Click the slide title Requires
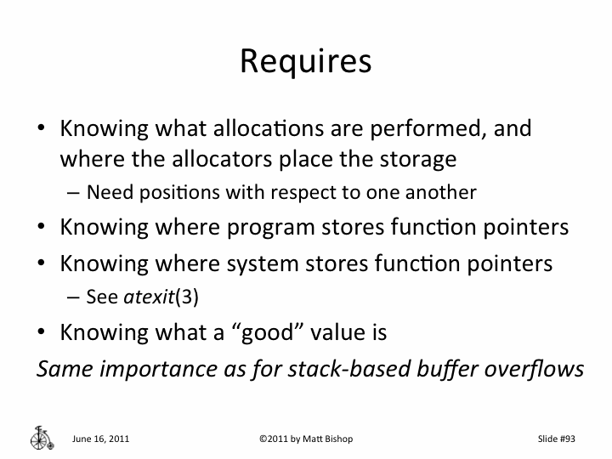click(x=305, y=61)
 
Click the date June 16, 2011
click(x=101, y=439)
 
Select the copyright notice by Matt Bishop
click(x=306, y=439)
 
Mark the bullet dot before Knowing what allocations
click(x=41, y=129)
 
